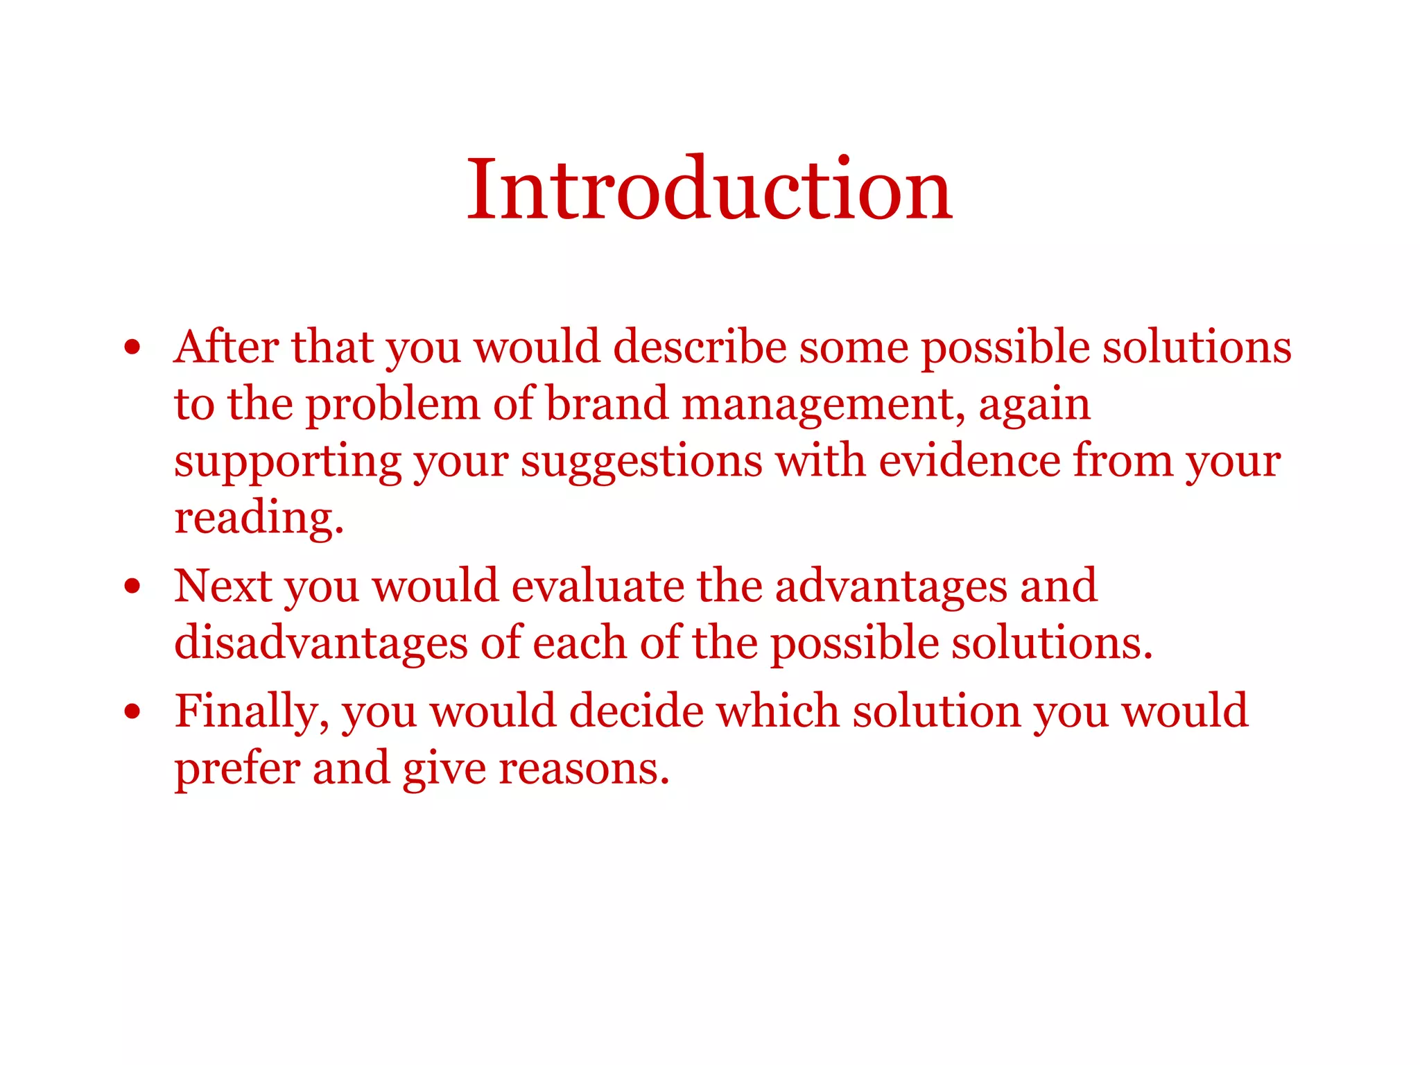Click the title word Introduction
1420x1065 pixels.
tap(709, 189)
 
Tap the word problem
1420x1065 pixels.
tap(392, 405)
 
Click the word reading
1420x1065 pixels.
tap(259, 519)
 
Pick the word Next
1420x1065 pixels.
tap(222, 587)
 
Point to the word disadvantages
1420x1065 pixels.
tap(321, 643)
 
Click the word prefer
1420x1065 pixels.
tap(236, 770)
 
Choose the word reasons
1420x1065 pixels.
tap(584, 770)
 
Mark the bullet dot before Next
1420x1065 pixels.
tap(132, 587)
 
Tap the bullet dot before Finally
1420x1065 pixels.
tap(132, 712)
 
